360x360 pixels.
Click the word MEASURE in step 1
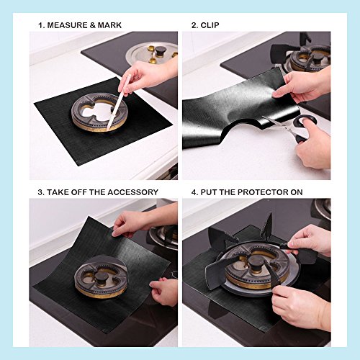coord(68,25)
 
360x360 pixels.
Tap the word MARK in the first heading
coord(109,25)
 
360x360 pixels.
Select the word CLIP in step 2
coord(210,25)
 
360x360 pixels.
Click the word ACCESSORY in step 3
coord(132,192)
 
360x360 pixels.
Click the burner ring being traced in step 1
coord(99,112)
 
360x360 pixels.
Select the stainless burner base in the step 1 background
coord(151,54)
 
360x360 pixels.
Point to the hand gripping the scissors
coord(312,144)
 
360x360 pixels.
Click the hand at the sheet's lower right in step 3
coord(164,292)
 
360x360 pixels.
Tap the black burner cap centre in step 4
coord(255,261)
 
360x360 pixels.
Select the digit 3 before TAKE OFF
coord(40,192)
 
